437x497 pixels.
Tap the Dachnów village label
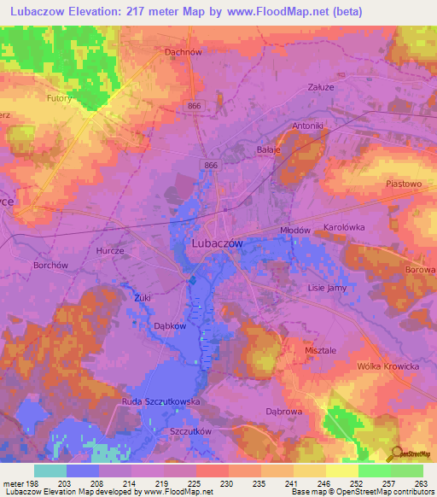point(182,51)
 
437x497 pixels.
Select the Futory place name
point(59,99)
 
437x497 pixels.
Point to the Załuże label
point(319,87)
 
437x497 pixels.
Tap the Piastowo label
point(404,184)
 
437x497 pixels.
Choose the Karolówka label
point(344,228)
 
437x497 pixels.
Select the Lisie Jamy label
point(327,288)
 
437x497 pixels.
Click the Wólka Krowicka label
point(387,365)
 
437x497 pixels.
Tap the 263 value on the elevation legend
point(421,483)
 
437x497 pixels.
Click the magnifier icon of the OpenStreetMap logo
point(394,453)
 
